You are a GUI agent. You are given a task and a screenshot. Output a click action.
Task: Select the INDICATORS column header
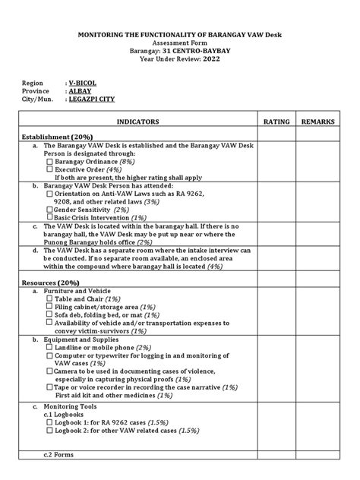click(x=138, y=122)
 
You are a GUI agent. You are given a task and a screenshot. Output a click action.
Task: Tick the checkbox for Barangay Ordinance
click(x=50, y=162)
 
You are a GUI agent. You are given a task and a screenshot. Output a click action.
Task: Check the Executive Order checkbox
click(x=50, y=169)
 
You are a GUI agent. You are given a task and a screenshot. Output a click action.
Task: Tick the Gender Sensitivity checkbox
click(x=50, y=209)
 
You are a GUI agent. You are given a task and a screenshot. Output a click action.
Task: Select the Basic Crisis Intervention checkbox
click(x=50, y=217)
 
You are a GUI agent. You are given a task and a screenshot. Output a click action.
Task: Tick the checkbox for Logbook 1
click(x=50, y=422)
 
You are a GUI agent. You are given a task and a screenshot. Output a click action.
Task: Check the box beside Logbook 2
click(x=50, y=430)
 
